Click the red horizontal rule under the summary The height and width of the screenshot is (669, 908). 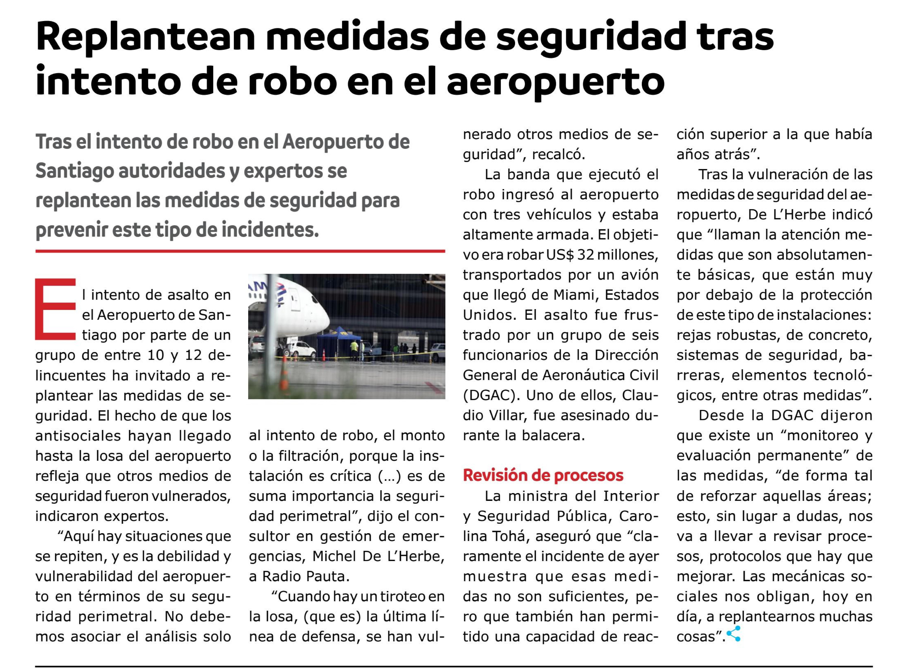coord(240,252)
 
